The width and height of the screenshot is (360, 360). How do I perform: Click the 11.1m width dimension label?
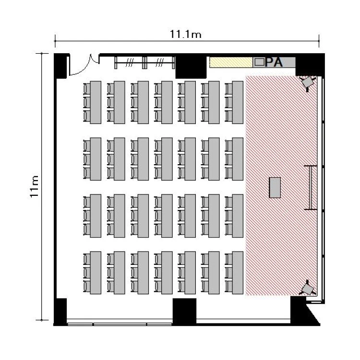(185, 34)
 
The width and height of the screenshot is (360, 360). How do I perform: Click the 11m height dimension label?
(34, 186)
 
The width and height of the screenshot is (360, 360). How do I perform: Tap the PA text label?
(274, 62)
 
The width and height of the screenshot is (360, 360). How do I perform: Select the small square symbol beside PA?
(260, 62)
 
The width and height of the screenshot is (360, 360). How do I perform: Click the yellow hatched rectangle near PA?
(231, 62)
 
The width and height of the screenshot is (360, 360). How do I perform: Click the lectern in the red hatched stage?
(275, 187)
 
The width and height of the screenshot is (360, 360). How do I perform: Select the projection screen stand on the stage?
(311, 188)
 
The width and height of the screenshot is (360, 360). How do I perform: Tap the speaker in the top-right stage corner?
(308, 83)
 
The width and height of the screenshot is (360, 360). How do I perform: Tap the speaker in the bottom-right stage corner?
(308, 288)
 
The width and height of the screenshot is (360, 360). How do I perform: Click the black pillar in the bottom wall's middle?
(184, 311)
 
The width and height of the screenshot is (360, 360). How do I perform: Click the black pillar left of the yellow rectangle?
(191, 67)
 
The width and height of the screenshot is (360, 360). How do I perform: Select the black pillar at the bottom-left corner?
(60, 312)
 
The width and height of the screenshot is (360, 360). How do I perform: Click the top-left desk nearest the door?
(96, 102)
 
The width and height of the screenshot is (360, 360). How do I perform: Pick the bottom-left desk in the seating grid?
(96, 273)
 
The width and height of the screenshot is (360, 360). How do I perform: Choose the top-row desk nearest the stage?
(238, 102)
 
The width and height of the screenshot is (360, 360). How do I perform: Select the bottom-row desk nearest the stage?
(238, 273)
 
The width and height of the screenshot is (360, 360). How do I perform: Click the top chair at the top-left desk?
(86, 89)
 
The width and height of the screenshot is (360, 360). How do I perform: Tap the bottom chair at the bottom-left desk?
(86, 286)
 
